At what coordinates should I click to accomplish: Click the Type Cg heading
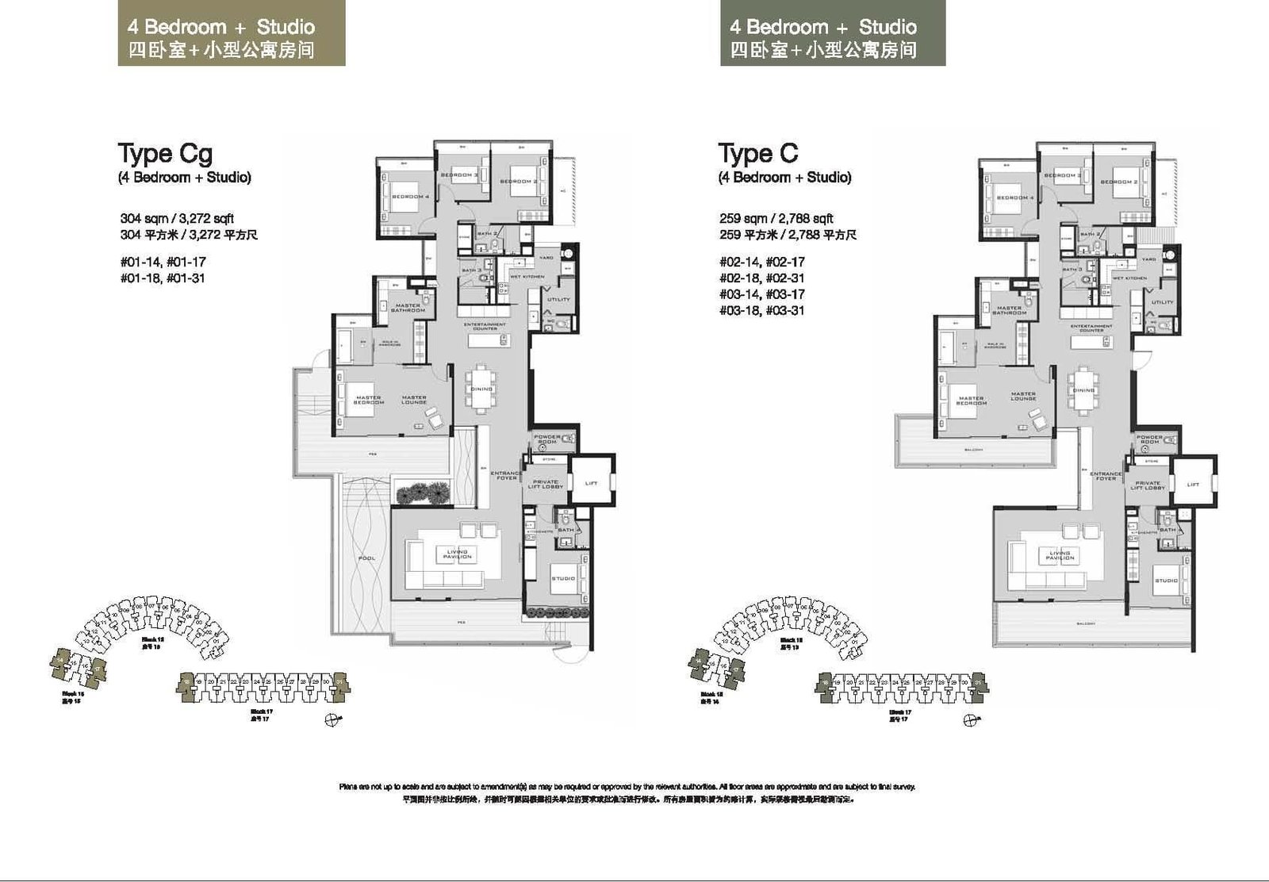point(165,153)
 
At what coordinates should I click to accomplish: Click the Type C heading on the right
point(757,153)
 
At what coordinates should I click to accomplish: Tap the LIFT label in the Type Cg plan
point(591,483)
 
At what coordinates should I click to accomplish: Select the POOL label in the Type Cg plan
point(366,558)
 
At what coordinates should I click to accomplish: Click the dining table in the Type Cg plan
point(481,389)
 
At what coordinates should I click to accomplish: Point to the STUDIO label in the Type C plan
point(1166,581)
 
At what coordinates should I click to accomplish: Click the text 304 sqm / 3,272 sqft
point(177,218)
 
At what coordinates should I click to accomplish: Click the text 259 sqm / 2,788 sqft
point(776,218)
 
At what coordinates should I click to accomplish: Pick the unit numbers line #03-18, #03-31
point(761,310)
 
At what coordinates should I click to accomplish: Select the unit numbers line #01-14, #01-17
point(163,262)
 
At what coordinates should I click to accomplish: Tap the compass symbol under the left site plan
point(332,719)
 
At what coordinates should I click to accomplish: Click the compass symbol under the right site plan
point(970,720)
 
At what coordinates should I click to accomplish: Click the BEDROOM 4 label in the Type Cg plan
point(410,196)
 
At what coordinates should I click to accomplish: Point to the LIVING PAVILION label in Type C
point(1060,555)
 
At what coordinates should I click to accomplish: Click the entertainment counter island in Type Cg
point(486,340)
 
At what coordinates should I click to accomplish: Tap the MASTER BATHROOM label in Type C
point(1009,310)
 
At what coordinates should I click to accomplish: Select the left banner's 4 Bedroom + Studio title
point(221,27)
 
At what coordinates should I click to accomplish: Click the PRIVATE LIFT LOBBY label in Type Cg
point(546,484)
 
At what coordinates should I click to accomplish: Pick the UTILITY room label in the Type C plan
point(1162,302)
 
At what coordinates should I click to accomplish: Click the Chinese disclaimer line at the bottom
point(627,800)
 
